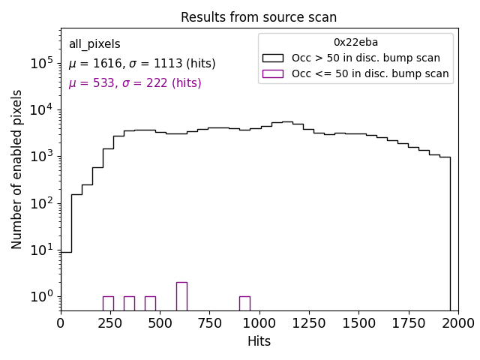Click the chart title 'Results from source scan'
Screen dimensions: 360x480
(x=259, y=17)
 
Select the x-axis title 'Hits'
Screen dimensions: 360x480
(x=259, y=341)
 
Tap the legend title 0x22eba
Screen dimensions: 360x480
(x=355, y=43)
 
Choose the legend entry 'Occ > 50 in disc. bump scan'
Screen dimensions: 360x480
(x=366, y=58)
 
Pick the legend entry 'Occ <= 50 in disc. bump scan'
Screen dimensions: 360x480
(x=370, y=73)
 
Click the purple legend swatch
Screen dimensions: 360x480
(x=273, y=73)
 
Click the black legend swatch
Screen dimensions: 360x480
(x=273, y=58)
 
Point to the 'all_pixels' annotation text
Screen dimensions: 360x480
(x=94, y=44)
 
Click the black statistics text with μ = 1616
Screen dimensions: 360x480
(x=142, y=64)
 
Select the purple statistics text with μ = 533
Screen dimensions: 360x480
(x=135, y=83)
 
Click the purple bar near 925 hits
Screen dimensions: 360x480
(x=244, y=303)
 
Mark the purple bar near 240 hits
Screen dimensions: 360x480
(x=108, y=303)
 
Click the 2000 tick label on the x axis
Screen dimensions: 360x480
(x=457, y=322)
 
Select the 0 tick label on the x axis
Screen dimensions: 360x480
(x=61, y=322)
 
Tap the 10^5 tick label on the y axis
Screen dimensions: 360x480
(x=40, y=64)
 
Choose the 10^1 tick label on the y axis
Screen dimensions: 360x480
(x=40, y=250)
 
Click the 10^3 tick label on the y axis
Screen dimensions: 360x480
(x=40, y=157)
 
